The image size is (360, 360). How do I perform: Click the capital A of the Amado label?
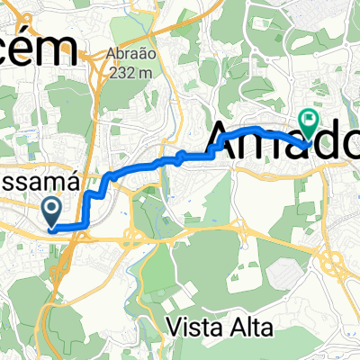coord(229,141)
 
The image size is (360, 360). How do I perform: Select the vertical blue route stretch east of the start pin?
coord(85,209)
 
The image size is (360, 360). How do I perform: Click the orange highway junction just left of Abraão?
coord(93,56)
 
